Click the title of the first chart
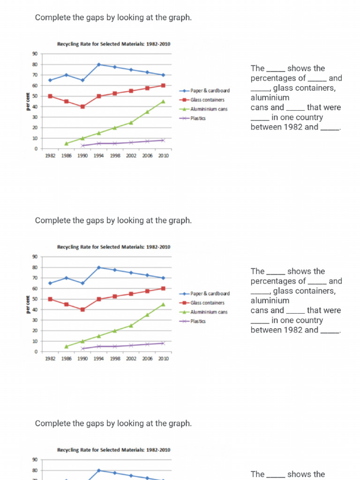click(113, 44)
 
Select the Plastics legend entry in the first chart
click(198, 118)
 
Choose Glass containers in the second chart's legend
click(207, 303)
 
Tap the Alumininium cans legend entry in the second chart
click(209, 312)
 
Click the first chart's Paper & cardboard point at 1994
click(99, 64)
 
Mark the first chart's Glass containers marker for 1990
click(82, 106)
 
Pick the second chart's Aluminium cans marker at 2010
click(163, 304)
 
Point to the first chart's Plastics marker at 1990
click(82, 146)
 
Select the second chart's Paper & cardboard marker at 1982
click(50, 283)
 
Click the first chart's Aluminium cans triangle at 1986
click(66, 143)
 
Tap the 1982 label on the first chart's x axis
click(50, 156)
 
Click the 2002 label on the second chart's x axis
click(131, 359)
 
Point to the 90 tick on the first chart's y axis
click(35, 54)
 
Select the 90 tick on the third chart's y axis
click(35, 460)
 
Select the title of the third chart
click(113, 450)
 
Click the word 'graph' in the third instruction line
click(180, 423)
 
